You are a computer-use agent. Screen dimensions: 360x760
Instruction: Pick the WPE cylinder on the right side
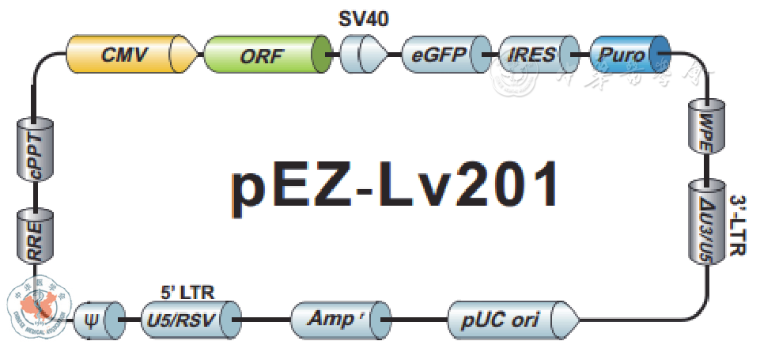pyautogui.click(x=704, y=126)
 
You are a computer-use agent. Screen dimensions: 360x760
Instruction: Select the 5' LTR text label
pyautogui.click(x=187, y=293)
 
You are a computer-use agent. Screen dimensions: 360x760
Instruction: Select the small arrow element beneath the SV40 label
pyautogui.click(x=364, y=55)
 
